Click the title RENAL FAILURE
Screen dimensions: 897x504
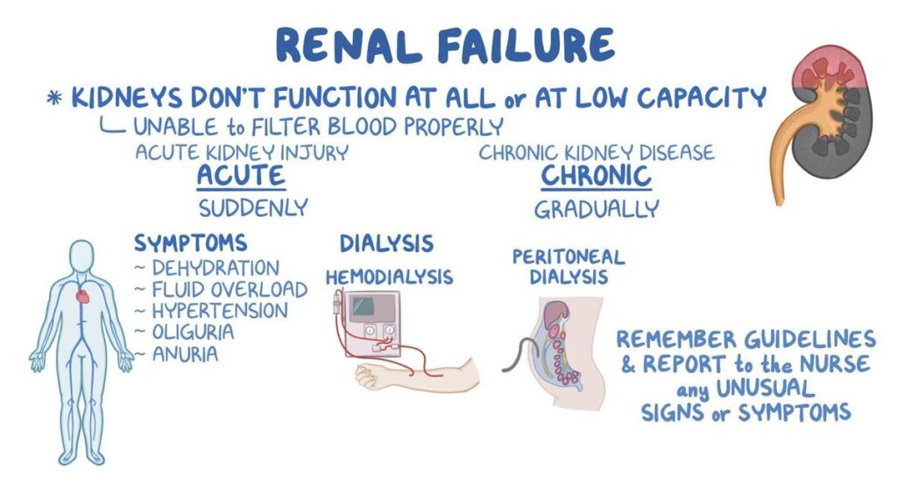[445, 45]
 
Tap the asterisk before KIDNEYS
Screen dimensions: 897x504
[54, 99]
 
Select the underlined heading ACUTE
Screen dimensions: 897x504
[241, 175]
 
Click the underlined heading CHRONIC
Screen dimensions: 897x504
[596, 175]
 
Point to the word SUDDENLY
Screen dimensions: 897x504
[253, 208]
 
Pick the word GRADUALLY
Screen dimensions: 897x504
[597, 209]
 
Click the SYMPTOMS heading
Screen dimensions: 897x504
[190, 243]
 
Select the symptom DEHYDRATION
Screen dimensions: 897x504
[215, 268]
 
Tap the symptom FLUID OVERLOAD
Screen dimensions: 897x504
[230, 290]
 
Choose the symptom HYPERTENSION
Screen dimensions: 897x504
[220, 311]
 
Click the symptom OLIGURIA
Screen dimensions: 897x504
[193, 332]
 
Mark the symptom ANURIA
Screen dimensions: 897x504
[185, 354]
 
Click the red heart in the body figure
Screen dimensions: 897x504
[83, 297]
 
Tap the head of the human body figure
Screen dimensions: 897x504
[81, 256]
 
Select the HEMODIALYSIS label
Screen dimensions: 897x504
[389, 277]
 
